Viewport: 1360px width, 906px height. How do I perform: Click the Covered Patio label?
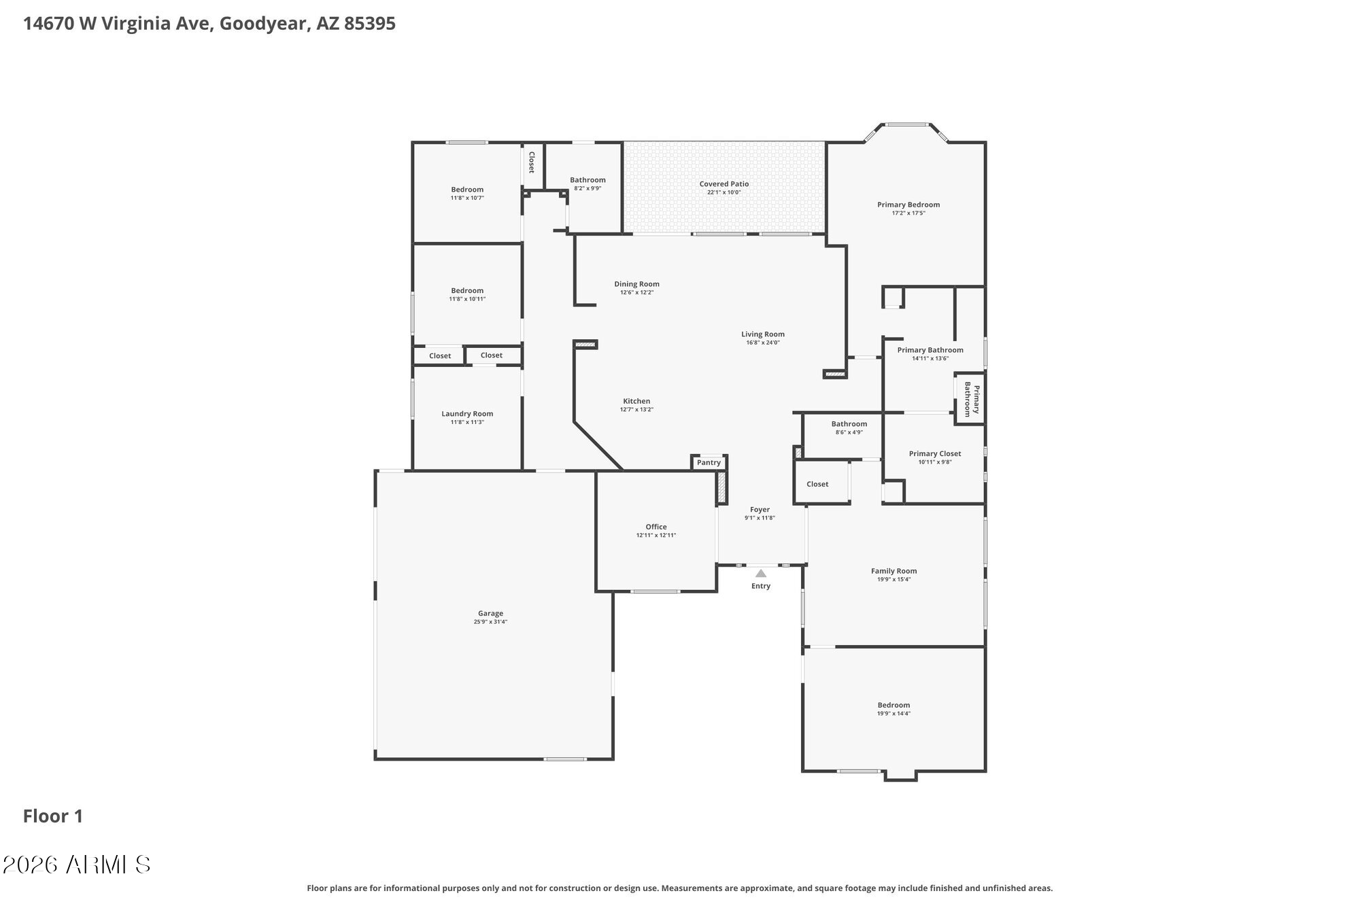(x=724, y=184)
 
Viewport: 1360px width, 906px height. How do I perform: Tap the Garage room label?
(x=490, y=614)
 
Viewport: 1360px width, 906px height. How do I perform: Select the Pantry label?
(x=709, y=463)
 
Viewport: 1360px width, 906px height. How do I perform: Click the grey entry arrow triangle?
(x=761, y=573)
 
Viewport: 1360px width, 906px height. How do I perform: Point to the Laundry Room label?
(x=467, y=414)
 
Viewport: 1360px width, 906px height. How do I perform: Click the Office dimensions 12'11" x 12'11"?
(x=656, y=536)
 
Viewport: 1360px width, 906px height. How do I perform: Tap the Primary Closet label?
(x=935, y=454)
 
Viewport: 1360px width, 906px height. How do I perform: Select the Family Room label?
(x=894, y=572)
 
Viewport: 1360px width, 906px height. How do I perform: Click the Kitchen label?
(x=636, y=402)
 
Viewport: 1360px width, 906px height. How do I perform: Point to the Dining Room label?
(x=636, y=284)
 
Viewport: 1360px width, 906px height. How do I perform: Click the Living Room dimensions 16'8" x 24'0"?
(x=763, y=343)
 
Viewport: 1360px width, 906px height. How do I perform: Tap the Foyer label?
(x=760, y=510)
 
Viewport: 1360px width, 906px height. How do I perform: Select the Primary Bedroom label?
(x=908, y=205)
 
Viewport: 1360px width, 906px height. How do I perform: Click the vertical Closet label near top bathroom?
(x=532, y=162)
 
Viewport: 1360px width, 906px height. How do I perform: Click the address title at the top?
(x=209, y=24)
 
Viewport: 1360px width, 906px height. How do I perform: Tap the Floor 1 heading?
(x=53, y=816)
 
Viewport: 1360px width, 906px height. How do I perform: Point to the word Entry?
(x=761, y=586)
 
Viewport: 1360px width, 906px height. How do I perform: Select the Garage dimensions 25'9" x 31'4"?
(x=490, y=622)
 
